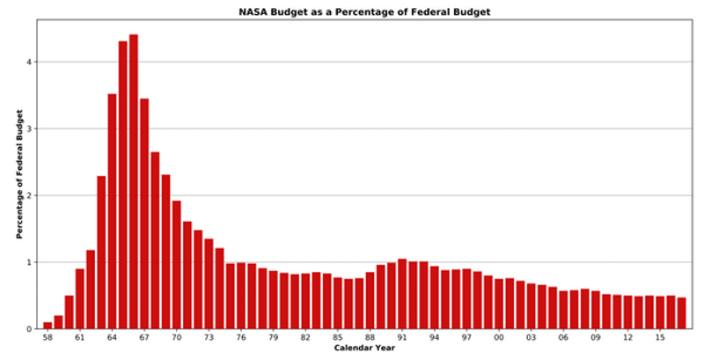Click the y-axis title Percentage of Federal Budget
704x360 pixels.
[18, 187]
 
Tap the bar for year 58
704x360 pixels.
[48, 326]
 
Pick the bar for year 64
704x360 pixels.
[112, 211]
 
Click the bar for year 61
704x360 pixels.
[80, 299]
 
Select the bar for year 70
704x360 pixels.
[177, 265]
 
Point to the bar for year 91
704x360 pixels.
[402, 294]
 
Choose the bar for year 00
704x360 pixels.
[499, 304]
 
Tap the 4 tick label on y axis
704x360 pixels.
[29, 62]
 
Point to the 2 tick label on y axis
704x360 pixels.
[29, 195]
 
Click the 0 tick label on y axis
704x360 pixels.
[29, 329]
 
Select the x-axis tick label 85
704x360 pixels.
[338, 337]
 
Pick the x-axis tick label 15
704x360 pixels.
[660, 337]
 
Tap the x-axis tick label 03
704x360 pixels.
[532, 337]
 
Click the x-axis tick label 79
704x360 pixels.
[274, 337]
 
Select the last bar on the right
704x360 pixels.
[681, 313]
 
